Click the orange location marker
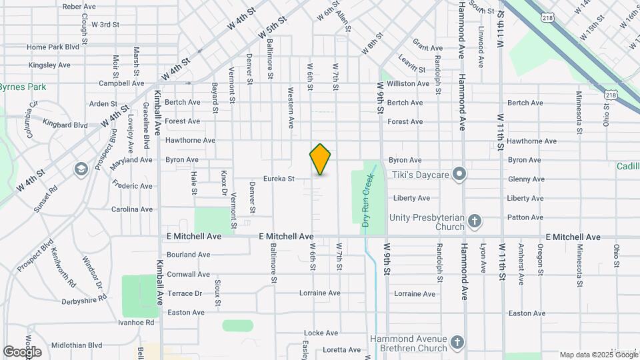[320, 159]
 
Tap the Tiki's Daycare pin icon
[459, 175]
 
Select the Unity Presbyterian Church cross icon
[474, 221]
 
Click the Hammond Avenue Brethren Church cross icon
[457, 343]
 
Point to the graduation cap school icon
[81, 168]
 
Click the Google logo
[21, 351]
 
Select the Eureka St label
[279, 179]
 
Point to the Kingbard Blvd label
[65, 125]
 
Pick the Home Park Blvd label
[53, 47]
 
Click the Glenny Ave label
[526, 179]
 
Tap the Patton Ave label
[525, 217]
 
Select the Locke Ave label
[321, 333]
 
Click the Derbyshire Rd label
[83, 299]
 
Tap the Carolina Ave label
[132, 209]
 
